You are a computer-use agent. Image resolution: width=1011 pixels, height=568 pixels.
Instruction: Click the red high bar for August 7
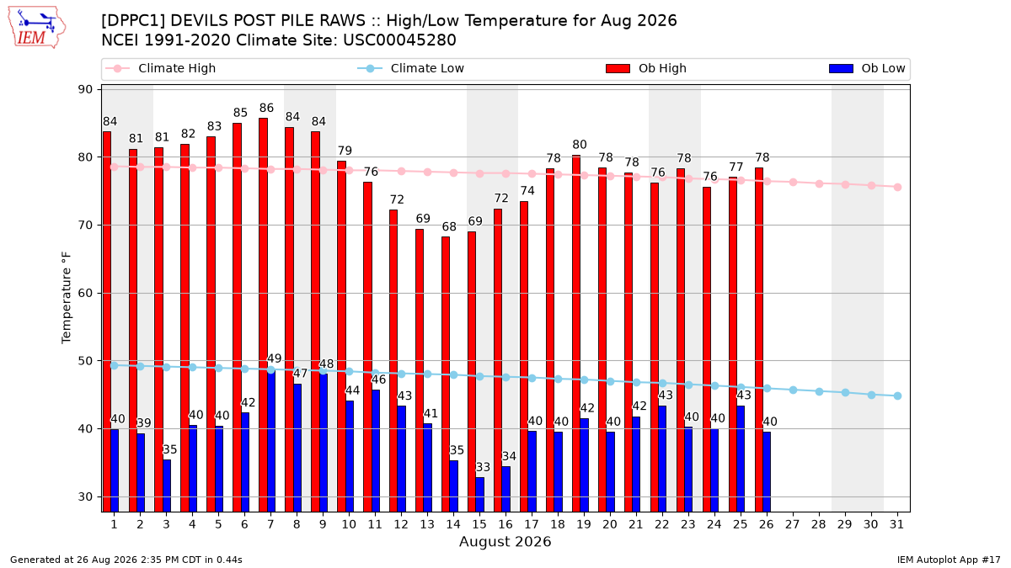point(263,315)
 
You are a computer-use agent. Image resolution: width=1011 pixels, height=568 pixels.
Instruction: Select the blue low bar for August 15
point(479,495)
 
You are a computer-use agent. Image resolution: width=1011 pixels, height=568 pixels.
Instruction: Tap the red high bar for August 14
point(446,374)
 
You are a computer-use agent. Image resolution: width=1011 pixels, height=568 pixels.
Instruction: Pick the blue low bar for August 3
point(167,486)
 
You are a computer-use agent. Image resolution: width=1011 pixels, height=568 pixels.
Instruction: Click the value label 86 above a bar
point(266,109)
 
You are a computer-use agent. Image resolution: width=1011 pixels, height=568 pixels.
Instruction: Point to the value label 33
point(483,467)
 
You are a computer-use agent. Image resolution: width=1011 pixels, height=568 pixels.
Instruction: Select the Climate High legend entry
point(160,68)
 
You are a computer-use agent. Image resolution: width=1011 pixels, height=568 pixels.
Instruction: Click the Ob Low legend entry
point(867,68)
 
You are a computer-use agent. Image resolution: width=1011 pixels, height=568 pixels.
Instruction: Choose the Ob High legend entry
point(646,68)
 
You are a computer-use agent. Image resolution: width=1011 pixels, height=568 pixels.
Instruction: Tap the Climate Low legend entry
point(410,68)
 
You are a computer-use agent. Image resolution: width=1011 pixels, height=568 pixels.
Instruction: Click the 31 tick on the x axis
point(896,524)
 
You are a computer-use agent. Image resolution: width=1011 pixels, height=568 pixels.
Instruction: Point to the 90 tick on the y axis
point(85,89)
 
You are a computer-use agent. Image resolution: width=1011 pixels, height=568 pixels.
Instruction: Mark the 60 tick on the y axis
point(85,293)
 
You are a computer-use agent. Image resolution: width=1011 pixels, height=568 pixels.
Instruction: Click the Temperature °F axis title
point(67,298)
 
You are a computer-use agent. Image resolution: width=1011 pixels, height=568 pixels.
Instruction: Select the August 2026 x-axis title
point(505,541)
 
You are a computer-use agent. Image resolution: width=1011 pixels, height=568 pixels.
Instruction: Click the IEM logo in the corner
point(36,28)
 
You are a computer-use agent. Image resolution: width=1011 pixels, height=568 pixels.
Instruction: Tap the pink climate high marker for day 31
point(897,187)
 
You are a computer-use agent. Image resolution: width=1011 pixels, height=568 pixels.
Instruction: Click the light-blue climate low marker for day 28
point(819,392)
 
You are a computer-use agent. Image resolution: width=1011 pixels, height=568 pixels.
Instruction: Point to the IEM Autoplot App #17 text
point(949,560)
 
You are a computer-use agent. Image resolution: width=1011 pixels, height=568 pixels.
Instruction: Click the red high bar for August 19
point(576,333)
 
